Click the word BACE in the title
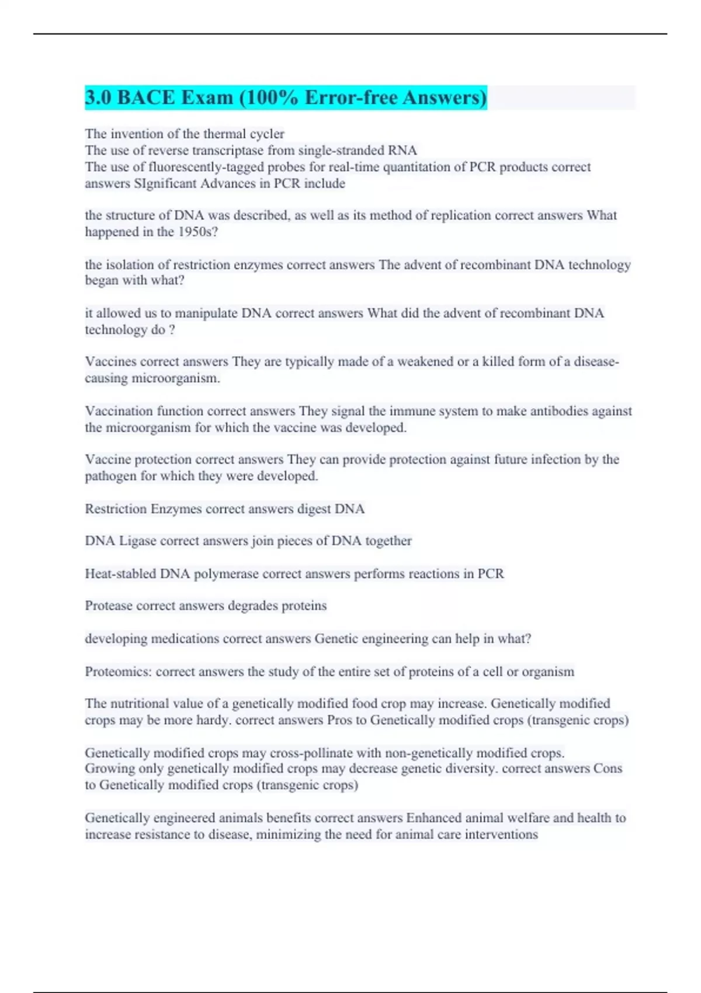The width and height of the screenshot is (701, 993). (x=145, y=98)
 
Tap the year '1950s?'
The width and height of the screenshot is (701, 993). (x=198, y=232)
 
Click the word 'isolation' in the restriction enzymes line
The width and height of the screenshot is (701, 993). (x=130, y=265)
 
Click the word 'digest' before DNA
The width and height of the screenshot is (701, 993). (x=314, y=509)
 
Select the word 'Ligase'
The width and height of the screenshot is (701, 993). (x=138, y=541)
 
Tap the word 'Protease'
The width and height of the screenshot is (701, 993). (x=109, y=606)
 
